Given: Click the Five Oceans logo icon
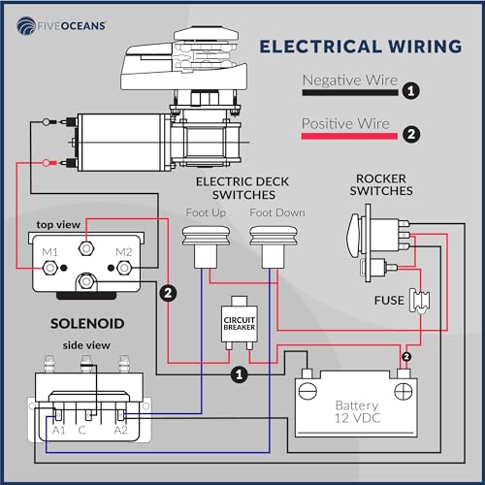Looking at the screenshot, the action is tap(26, 25).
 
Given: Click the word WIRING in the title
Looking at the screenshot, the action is tap(425, 47).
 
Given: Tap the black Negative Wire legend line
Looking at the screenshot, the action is tap(350, 92).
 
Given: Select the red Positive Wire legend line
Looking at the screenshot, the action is tap(349, 136).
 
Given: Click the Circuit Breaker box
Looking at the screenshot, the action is tap(240, 323).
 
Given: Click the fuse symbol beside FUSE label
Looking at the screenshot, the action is tap(419, 301).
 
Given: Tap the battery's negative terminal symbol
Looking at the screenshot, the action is tap(307, 391).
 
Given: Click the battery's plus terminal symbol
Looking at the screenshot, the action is tap(404, 391).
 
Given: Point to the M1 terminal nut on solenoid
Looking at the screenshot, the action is tap(50, 268).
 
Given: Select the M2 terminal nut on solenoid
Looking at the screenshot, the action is tap(124, 268).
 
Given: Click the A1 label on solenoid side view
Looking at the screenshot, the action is tap(59, 430).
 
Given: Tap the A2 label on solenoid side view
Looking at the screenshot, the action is tap(121, 430).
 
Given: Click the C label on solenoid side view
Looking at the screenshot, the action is tap(81, 430).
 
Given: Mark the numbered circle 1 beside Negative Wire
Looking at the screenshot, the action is tap(411, 91).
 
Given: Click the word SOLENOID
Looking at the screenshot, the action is tap(87, 324).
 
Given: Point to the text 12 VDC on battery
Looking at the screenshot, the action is tap(357, 418).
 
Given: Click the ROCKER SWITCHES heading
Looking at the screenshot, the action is tap(381, 184).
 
